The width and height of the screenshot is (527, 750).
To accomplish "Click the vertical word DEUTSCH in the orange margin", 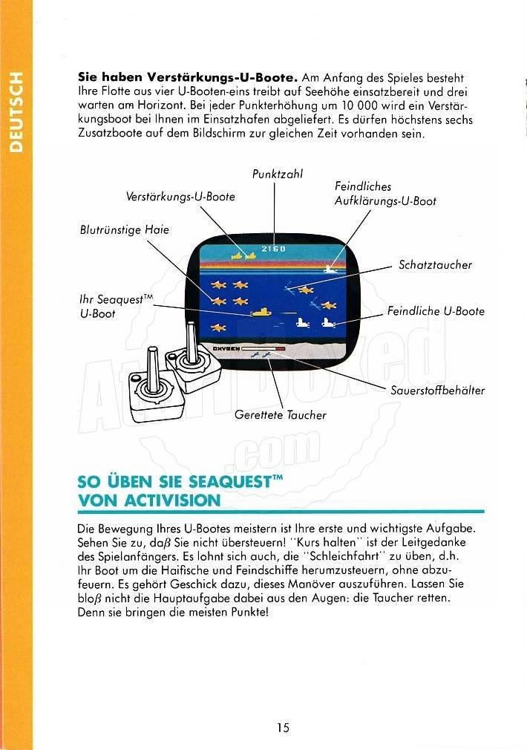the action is coord(16,112).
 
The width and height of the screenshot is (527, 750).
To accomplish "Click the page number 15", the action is coord(283,728).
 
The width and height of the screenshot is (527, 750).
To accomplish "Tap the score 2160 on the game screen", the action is coord(274,249).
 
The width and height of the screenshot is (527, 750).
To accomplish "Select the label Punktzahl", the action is coord(278,174).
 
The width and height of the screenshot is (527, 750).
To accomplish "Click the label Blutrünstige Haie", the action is coord(125,229).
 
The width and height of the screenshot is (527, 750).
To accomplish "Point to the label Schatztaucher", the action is coord(435,265).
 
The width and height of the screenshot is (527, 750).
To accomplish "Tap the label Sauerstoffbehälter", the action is coord(437,391).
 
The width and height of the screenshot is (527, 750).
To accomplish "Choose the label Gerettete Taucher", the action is coord(281,414).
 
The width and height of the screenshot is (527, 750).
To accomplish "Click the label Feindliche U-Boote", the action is coord(436,311).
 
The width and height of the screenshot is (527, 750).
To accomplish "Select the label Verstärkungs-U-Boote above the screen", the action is coord(180,197).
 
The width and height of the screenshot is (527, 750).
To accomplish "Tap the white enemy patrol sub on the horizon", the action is coord(330,269).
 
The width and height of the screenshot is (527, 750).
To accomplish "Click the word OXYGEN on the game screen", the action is coord(226,349).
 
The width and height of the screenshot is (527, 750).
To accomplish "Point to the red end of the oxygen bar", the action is coord(281,349).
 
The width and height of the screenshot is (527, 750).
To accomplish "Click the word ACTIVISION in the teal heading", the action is coord(172,500).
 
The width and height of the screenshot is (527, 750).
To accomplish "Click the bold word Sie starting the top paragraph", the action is coord(88,77).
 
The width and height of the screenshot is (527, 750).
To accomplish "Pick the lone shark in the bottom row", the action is coord(218,327).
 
